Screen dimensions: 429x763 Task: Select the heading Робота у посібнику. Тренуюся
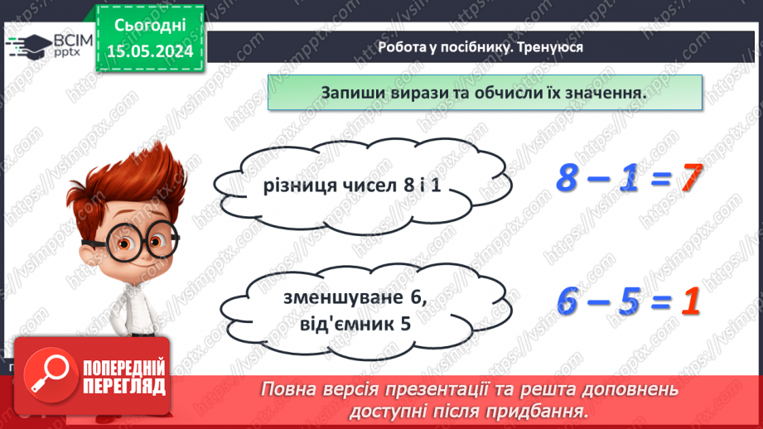480,47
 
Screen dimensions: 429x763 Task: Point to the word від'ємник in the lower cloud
331,325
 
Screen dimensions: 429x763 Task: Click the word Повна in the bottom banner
287,388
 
